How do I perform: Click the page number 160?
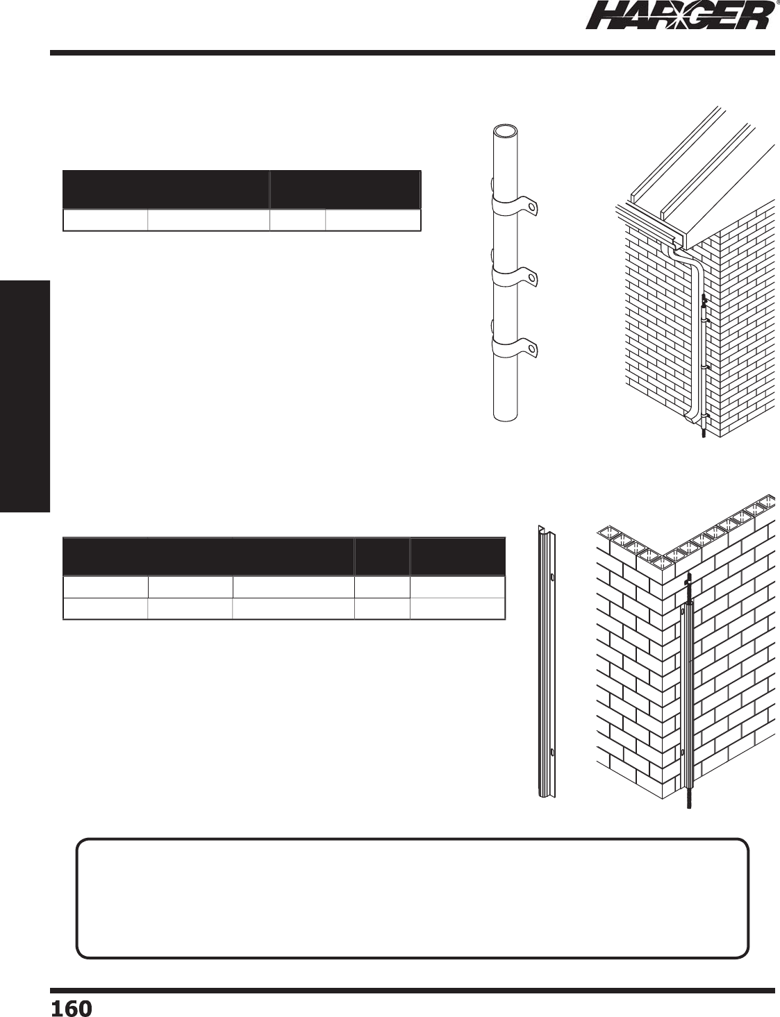(71, 1007)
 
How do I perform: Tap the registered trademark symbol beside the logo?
(776, 3)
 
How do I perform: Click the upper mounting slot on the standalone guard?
(551, 576)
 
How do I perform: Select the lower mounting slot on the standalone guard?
(551, 752)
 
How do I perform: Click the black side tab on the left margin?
(25, 396)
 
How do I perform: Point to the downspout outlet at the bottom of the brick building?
(690, 418)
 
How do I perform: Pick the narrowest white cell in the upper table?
(297, 220)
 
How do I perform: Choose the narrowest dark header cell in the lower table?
(382, 555)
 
